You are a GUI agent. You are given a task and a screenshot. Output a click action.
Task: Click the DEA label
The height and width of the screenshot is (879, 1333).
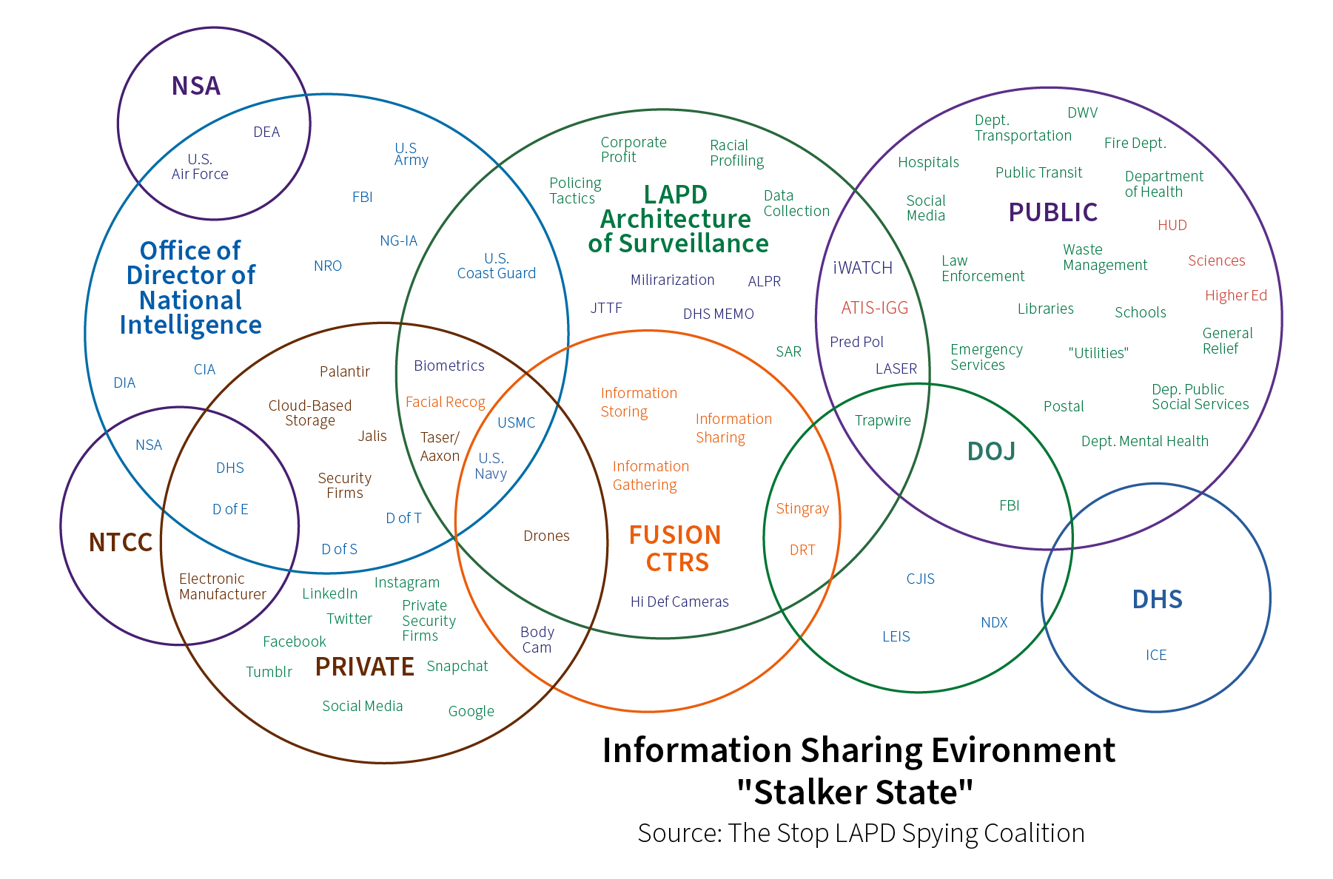coord(266,132)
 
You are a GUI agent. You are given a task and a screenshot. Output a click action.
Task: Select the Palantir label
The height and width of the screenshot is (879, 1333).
coord(344,371)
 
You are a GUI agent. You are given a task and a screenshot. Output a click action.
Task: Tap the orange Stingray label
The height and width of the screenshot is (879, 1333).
coord(802,508)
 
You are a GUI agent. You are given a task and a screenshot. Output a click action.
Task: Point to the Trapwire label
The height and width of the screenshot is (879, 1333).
coord(882,420)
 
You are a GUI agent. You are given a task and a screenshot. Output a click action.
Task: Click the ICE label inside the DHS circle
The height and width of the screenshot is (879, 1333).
coord(1155,655)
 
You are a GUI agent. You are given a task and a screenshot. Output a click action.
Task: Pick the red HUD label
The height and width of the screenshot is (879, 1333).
coord(1172,225)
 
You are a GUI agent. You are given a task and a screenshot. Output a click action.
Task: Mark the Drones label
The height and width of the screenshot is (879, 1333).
coord(546,536)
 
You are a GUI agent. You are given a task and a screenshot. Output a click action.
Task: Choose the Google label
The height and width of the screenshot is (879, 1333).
coord(471,711)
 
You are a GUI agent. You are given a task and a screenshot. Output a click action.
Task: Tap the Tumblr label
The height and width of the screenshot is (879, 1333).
coord(269,672)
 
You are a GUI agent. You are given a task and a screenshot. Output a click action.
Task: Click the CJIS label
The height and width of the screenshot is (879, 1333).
coord(920,579)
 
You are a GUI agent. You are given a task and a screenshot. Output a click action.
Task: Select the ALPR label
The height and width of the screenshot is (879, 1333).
coord(764,281)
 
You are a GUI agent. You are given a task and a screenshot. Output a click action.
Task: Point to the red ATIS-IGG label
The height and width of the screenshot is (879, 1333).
coord(874,308)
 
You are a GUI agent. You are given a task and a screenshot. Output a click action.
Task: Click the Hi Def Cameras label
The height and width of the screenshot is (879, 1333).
coord(679,602)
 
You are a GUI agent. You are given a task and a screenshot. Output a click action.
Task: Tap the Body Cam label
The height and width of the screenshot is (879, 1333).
coord(537,639)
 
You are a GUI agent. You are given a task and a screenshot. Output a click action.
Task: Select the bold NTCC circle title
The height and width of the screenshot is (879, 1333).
coord(120,542)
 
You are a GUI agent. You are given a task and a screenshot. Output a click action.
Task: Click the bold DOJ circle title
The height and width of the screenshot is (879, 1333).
coord(991,451)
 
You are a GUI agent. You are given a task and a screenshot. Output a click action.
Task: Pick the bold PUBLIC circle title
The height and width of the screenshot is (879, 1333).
coord(1052,212)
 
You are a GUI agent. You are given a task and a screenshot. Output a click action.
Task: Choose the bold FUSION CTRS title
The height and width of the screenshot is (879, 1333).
coord(675,548)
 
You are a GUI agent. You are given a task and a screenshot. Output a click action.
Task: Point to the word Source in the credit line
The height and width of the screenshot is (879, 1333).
coord(678,833)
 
